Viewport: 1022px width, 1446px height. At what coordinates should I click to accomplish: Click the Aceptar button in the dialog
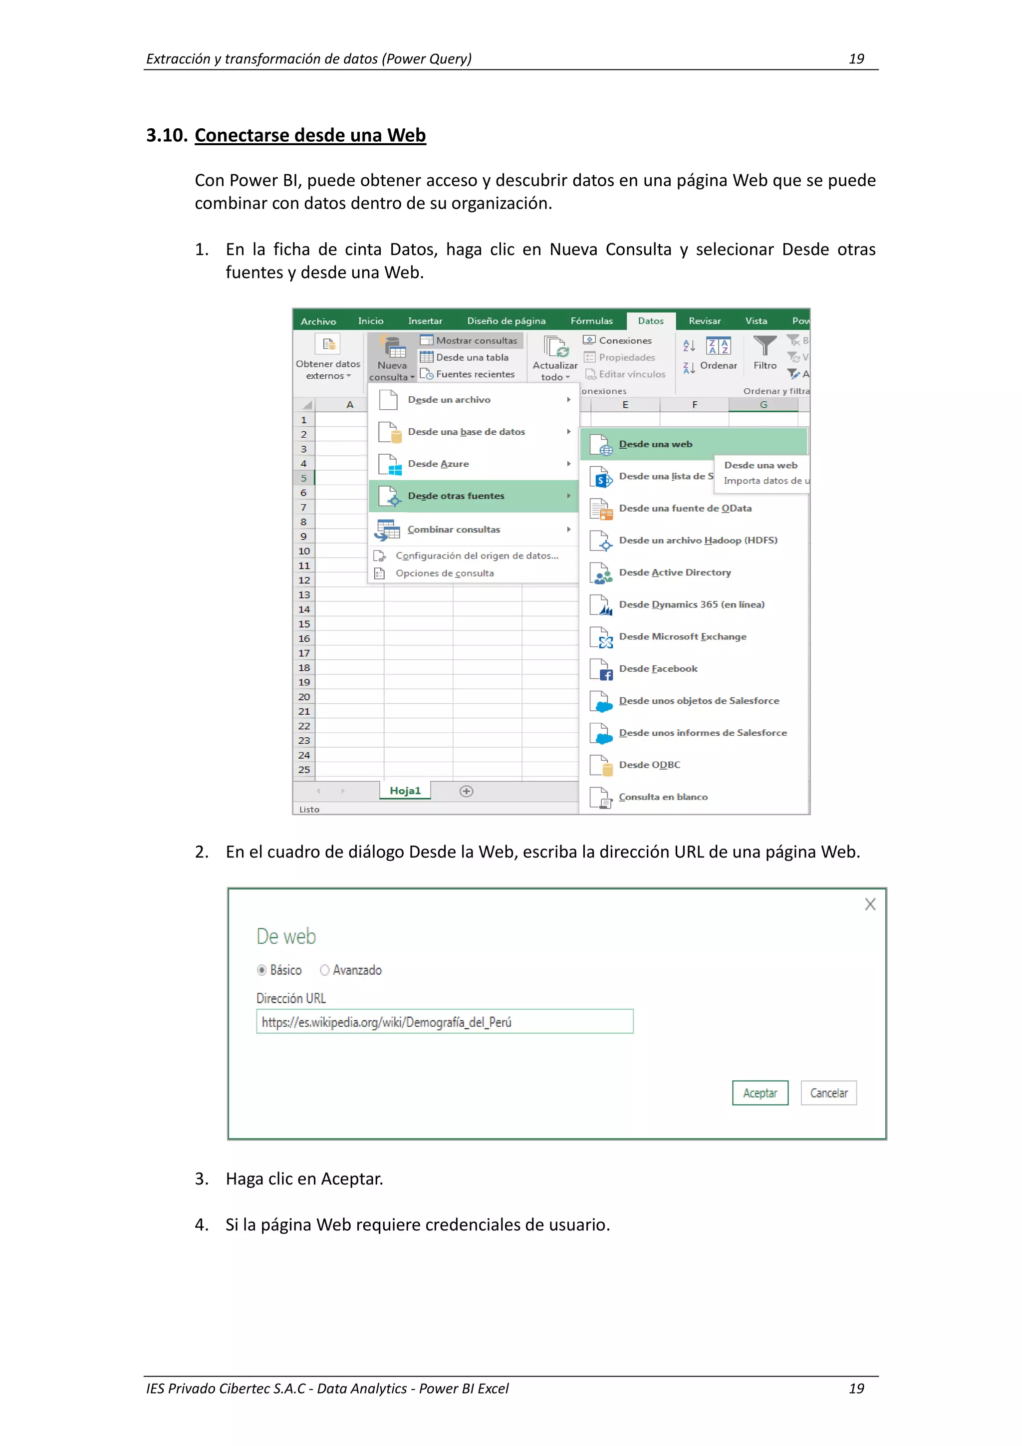tap(760, 1093)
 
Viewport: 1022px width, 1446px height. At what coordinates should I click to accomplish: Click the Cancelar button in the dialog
tap(828, 1093)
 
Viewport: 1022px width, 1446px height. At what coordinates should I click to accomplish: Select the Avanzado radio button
tap(325, 970)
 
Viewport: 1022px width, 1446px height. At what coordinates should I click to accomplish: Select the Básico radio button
tap(262, 970)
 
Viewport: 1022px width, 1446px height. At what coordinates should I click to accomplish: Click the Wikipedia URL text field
tap(444, 1022)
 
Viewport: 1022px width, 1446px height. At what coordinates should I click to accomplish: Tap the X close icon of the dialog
tap(870, 904)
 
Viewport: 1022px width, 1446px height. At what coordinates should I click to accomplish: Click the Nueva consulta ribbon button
tap(392, 359)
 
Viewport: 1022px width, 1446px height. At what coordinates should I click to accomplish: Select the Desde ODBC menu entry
tap(649, 765)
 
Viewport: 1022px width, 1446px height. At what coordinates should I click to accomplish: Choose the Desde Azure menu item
tap(438, 464)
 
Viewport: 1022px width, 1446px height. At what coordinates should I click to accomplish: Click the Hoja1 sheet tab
tap(405, 791)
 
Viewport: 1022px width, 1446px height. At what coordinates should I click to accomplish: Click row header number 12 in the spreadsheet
tap(304, 580)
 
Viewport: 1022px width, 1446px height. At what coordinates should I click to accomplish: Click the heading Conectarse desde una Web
tap(310, 135)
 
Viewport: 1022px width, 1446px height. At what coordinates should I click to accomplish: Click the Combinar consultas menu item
tap(454, 529)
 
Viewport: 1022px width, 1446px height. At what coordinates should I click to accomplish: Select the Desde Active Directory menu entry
tap(674, 572)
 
